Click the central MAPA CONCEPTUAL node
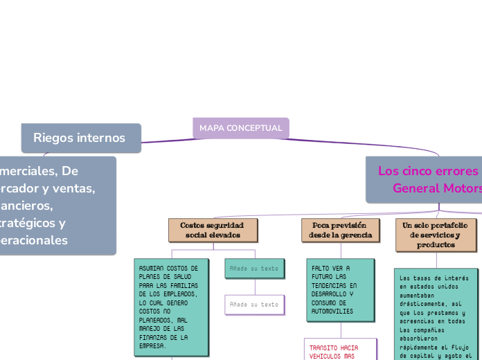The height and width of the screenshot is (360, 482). (x=240, y=128)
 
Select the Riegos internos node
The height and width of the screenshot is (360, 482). (x=80, y=138)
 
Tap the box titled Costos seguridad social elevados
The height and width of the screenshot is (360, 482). (x=212, y=230)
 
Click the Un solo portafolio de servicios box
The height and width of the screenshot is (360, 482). (x=436, y=235)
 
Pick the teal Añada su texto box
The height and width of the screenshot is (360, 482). (x=254, y=268)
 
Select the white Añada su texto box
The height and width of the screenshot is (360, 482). (x=254, y=304)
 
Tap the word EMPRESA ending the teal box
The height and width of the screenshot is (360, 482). (x=152, y=345)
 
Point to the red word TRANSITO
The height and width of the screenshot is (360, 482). (x=324, y=348)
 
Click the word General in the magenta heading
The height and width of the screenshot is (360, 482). (x=415, y=188)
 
